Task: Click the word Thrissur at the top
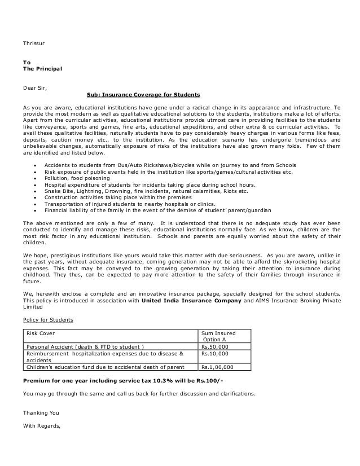(x=33, y=42)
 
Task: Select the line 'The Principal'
(x=42, y=69)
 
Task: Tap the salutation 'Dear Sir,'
(x=35, y=88)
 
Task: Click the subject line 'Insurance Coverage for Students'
(x=143, y=94)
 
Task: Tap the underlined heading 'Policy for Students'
(x=48, y=320)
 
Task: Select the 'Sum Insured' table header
(x=219, y=333)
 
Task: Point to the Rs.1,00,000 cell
(x=219, y=366)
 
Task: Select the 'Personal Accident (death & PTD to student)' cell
(x=85, y=346)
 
